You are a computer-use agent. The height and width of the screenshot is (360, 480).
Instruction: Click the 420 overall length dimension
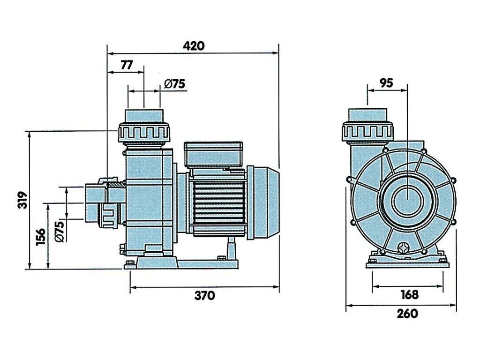coord(194,46)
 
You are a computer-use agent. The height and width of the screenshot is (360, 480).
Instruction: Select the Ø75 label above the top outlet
coord(175,84)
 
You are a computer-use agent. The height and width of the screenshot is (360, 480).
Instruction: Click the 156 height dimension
coord(41,237)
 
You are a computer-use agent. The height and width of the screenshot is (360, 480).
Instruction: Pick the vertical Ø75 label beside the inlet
coord(59,231)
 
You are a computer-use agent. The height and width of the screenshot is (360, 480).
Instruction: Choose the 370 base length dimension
coord(204,295)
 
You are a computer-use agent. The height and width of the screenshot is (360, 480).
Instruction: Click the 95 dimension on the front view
coord(386,83)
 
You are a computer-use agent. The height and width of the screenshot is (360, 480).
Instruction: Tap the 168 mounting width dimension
coord(409,294)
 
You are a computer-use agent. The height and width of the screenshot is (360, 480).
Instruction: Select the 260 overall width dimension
coord(407,314)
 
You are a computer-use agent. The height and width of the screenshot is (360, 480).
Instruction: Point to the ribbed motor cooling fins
coord(219,202)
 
